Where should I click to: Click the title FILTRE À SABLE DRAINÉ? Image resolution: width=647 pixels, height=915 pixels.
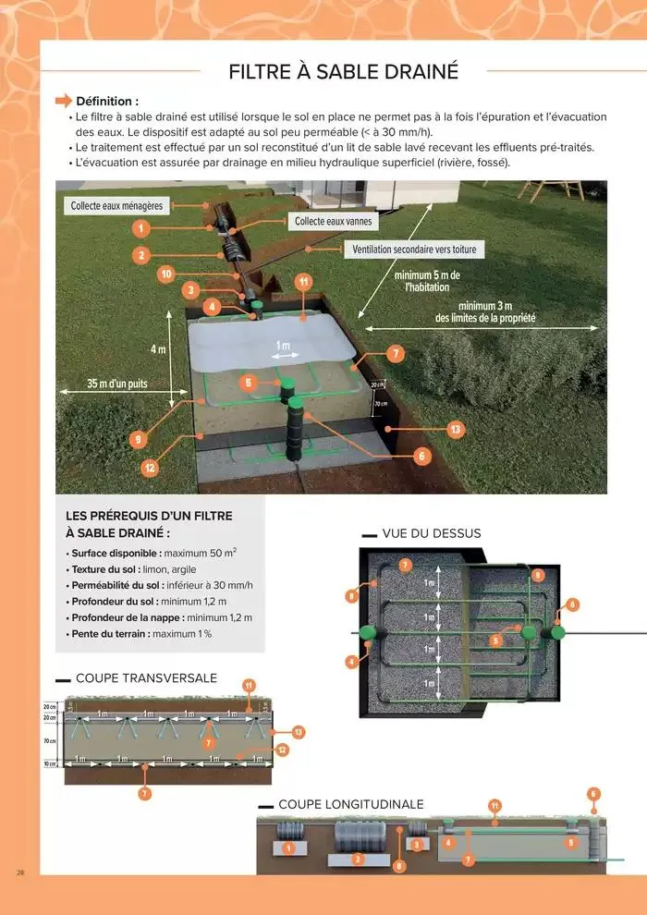[x=343, y=71]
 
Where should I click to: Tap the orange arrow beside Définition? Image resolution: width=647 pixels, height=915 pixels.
[x=64, y=100]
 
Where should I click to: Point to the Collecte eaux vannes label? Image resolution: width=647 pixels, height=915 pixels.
[x=328, y=222]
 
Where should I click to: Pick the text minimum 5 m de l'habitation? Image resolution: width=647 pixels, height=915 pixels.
[x=427, y=281]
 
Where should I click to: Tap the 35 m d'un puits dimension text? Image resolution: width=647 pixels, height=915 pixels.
[x=104, y=384]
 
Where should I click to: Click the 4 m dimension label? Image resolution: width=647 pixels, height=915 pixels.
[x=158, y=349]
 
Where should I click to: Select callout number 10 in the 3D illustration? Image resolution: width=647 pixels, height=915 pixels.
[x=166, y=274]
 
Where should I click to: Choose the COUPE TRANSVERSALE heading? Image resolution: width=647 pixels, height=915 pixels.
[x=146, y=678]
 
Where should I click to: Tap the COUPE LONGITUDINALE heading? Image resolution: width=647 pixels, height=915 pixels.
[x=350, y=804]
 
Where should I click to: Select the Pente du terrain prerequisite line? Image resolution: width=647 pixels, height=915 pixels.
[x=139, y=634]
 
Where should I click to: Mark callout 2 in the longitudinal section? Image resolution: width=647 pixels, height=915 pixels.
[x=358, y=859]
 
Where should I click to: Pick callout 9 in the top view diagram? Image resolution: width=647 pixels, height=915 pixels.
[x=538, y=575]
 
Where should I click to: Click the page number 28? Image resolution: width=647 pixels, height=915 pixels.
[x=19, y=872]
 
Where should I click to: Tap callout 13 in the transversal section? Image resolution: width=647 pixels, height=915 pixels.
[x=298, y=732]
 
